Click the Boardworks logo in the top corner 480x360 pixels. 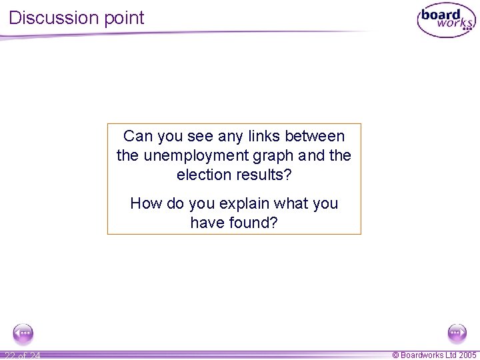(445, 21)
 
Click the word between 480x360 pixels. (315, 137)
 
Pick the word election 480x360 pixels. (205, 175)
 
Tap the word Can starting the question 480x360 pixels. (138, 137)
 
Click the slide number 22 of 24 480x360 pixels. (21, 355)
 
